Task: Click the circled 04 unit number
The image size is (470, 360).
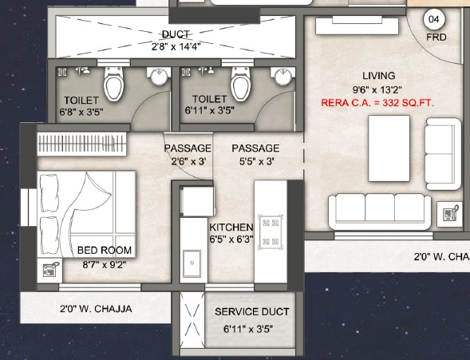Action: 434,19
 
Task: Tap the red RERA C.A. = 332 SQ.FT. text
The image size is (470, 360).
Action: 377,103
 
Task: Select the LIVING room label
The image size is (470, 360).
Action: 378,76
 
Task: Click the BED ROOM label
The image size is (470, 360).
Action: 105,250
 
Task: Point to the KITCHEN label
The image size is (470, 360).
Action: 231,227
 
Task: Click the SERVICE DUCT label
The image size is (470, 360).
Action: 252,312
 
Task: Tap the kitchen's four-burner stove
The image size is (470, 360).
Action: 271,231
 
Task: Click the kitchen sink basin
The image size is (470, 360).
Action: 192,263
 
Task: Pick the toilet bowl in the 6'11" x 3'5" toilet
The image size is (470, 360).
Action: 240,84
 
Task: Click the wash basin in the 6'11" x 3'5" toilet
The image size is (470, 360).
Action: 282,77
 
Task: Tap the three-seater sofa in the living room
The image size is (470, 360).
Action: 380,212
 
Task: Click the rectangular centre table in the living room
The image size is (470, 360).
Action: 389,148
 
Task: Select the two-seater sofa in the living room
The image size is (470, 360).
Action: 443,154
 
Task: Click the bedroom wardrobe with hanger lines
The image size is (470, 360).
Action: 81,144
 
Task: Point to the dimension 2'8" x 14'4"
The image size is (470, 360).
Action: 176,46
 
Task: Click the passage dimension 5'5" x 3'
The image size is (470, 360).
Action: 257,162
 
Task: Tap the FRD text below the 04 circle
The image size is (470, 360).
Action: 436,38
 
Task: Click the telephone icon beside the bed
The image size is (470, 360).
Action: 50,270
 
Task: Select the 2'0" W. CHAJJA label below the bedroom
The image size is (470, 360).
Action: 96,309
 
